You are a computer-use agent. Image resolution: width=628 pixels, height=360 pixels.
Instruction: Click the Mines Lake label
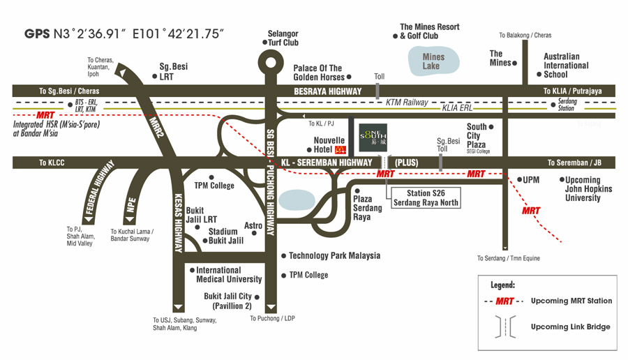(x=433, y=61)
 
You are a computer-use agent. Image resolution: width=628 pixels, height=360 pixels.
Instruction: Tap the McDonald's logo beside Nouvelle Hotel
(x=341, y=150)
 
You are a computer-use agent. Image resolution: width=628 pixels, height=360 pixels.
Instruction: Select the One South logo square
(x=373, y=137)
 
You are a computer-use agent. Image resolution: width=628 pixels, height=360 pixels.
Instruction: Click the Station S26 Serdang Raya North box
(x=426, y=198)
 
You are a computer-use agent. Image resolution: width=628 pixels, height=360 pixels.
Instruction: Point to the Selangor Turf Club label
(x=283, y=38)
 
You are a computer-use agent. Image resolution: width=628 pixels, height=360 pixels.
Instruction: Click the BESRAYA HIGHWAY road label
(x=328, y=91)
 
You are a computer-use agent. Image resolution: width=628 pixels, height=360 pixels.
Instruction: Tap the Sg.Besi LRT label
(x=173, y=71)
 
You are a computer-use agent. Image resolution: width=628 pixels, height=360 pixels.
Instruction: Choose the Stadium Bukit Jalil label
(x=225, y=236)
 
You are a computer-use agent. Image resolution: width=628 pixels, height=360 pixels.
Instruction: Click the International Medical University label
(x=229, y=275)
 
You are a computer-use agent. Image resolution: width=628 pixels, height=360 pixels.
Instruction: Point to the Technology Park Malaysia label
(x=334, y=255)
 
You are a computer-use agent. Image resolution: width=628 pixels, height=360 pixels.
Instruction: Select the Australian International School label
(x=566, y=66)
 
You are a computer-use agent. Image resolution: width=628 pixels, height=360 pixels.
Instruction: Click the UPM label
(x=531, y=180)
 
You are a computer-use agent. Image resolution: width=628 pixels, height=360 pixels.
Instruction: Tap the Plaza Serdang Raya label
(x=367, y=208)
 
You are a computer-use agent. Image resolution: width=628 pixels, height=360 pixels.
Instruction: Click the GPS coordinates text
(x=124, y=33)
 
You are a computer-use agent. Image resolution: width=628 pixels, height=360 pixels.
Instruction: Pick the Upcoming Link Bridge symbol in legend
(x=505, y=327)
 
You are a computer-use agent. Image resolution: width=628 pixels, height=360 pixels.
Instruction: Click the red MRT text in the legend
(x=504, y=301)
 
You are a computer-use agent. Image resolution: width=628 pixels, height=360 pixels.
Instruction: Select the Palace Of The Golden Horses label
(x=319, y=73)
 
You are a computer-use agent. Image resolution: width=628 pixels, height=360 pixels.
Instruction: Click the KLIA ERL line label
(x=457, y=107)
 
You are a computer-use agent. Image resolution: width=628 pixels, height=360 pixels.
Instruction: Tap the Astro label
(x=253, y=225)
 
